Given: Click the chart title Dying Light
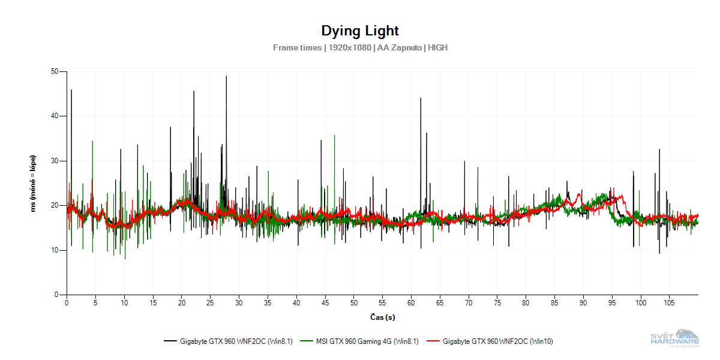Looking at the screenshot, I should click(359, 31).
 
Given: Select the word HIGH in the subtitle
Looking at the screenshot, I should click(437, 47).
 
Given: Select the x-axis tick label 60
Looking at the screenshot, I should click(411, 303).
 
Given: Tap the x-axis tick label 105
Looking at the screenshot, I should click(670, 303).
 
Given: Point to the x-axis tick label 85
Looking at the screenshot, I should click(555, 303).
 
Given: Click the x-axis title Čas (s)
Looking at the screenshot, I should click(382, 316).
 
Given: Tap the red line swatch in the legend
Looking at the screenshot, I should click(433, 341).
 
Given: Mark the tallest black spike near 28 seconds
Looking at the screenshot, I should click(226, 77).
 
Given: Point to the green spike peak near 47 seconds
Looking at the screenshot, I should click(334, 136).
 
